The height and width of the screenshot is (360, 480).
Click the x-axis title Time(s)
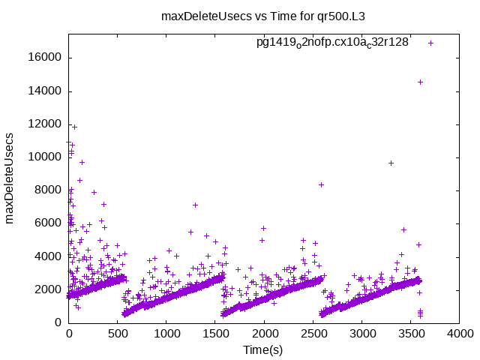tap(262, 350)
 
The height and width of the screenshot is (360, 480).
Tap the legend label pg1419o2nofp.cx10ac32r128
tap(332, 43)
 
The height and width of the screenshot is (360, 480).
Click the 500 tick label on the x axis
tap(118, 334)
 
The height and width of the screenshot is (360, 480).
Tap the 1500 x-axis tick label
tap(215, 334)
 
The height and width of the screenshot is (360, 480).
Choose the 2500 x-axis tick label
tap(313, 334)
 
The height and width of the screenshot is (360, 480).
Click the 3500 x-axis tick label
tap(410, 334)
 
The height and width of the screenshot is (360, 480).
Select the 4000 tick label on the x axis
tap(459, 334)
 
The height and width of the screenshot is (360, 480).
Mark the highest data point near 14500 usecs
tap(420, 82)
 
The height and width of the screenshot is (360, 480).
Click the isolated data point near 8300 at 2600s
tap(321, 184)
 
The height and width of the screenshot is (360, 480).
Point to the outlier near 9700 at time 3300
tap(391, 163)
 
